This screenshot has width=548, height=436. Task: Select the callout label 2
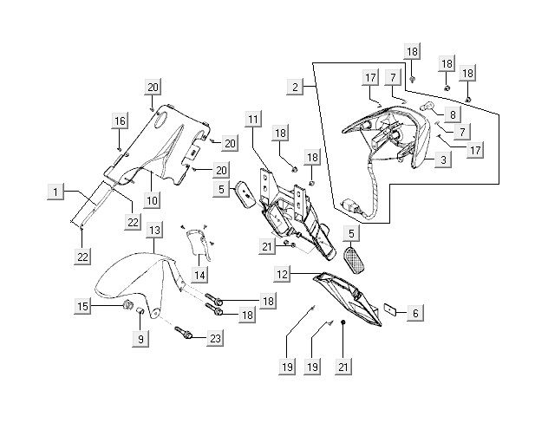click(296, 87)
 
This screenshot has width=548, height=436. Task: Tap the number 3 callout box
click(442, 160)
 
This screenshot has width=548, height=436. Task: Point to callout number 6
click(415, 313)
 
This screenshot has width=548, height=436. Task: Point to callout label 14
click(199, 274)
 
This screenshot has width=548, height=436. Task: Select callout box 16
click(120, 120)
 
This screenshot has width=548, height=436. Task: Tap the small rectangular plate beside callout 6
click(390, 309)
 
